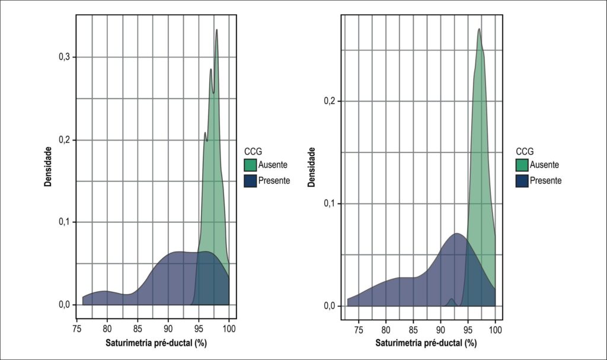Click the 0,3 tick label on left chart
click(64, 57)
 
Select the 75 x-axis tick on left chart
click(77, 329)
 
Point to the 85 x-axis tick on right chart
click(413, 330)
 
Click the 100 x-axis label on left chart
click(229, 329)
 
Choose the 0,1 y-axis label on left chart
click(64, 222)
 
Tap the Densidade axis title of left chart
click(47, 167)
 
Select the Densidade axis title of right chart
click(312, 167)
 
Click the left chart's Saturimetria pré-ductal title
click(156, 343)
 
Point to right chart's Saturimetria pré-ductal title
click(426, 343)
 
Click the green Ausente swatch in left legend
click(251, 165)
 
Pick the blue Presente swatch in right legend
click(522, 180)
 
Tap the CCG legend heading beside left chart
click(253, 151)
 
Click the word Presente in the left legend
click(274, 180)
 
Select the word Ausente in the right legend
click(544, 165)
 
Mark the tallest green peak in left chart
click(216, 30)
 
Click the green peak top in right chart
click(479, 28)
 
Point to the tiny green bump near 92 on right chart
click(451, 299)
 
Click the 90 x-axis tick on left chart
click(168, 329)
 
